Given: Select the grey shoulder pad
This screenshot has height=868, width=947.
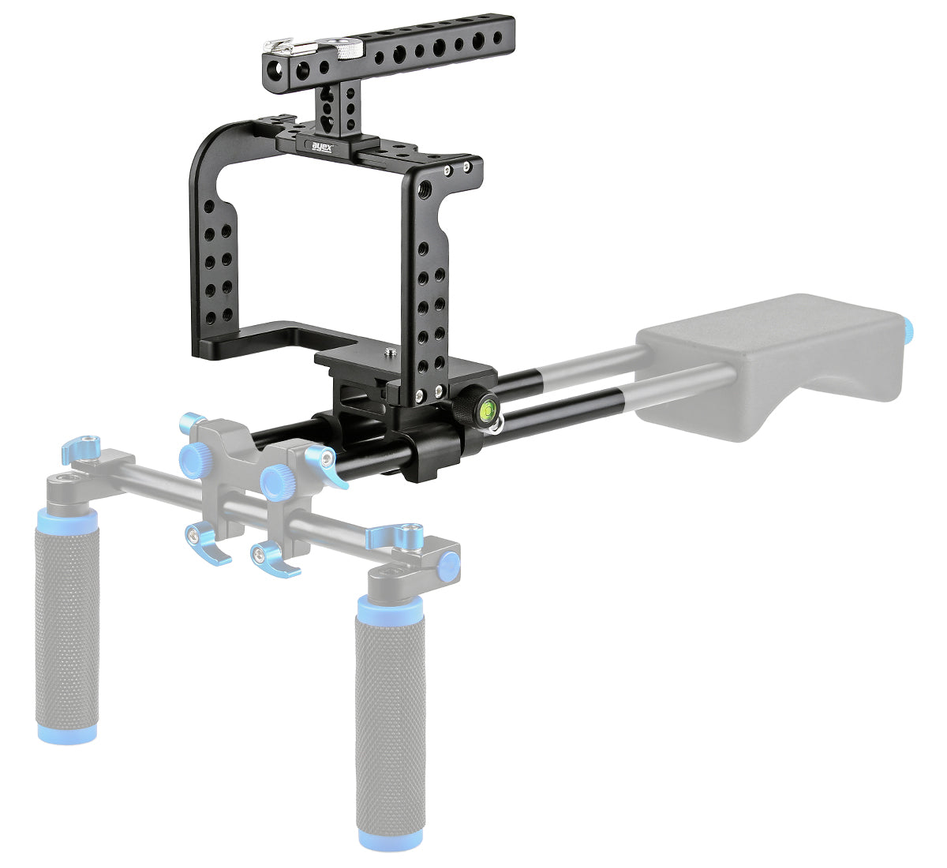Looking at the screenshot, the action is point(773,368).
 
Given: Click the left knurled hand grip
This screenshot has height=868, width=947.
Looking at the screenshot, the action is point(68,616).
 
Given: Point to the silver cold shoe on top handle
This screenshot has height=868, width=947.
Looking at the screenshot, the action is point(283,47).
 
